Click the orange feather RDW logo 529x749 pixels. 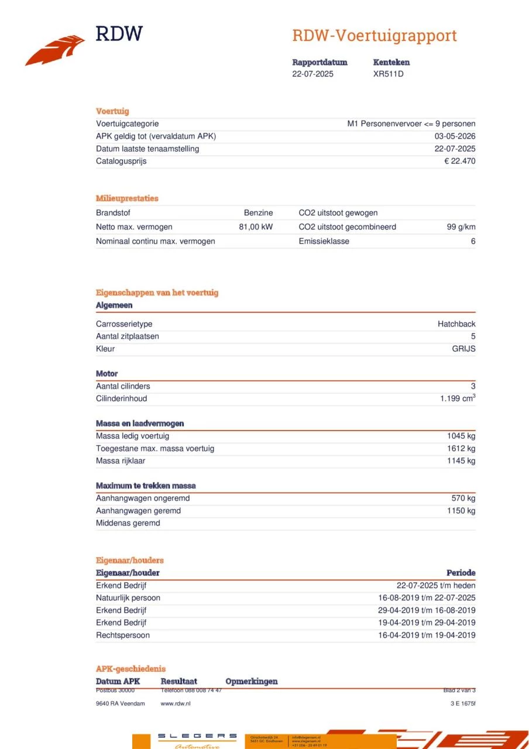coord(55,50)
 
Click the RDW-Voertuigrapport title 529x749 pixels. coord(374,36)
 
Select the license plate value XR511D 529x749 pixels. coord(388,74)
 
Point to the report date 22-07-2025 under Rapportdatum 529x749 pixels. coord(312,74)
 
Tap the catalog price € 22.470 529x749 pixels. coord(459,161)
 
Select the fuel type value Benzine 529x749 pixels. coord(258,213)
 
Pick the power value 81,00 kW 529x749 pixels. coord(256,227)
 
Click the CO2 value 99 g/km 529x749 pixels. coord(461,227)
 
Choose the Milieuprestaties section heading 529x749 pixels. coord(127,198)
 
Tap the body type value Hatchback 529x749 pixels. coord(456,324)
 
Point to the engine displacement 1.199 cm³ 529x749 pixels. coord(458,398)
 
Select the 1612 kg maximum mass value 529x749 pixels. coord(461,448)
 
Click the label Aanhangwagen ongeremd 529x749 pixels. coord(143,498)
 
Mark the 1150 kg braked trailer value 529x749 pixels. coord(461,511)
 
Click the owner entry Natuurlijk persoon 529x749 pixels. coord(128,598)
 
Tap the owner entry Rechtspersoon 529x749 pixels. coord(123,635)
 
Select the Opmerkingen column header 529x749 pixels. coord(251,681)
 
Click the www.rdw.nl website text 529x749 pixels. coord(176,703)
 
